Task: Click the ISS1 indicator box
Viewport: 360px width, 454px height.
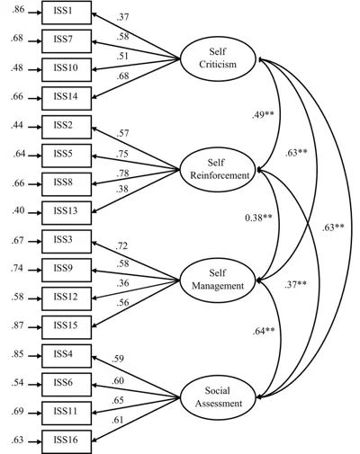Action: point(67,13)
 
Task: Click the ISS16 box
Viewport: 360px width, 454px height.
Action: point(67,441)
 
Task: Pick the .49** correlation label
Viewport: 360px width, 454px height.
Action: point(263,114)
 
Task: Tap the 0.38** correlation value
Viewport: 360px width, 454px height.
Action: point(258,218)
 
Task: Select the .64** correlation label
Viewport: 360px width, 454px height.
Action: point(264,331)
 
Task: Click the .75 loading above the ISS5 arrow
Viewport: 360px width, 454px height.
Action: point(122,154)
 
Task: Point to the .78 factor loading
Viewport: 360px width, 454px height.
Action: point(122,174)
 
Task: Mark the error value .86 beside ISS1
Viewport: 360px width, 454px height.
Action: point(18,10)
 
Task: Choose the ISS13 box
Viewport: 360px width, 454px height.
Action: point(67,213)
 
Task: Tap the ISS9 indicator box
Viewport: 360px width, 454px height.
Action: point(67,270)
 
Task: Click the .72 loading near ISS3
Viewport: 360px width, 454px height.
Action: point(121,246)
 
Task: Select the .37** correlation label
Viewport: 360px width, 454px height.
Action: point(295,284)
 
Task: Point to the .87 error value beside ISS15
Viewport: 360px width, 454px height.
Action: point(18,325)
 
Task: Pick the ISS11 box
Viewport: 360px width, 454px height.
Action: point(67,414)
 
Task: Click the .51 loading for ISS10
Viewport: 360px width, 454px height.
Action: point(122,56)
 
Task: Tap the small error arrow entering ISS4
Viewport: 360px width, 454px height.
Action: point(34,356)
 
